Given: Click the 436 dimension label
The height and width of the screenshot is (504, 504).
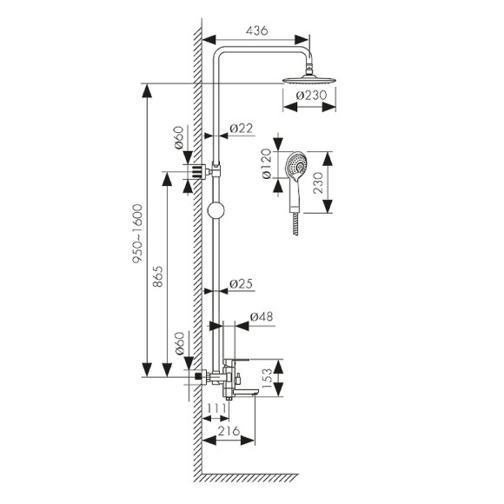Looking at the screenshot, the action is (256, 30).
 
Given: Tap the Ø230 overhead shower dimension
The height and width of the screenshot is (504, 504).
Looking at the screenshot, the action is (311, 95).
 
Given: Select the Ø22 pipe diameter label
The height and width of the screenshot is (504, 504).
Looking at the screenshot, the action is (242, 129).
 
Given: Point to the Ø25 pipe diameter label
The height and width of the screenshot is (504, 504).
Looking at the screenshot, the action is (242, 284).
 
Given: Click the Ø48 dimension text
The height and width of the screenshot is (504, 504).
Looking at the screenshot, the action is (262, 316).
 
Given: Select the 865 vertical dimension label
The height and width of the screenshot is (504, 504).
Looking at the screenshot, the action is (158, 276).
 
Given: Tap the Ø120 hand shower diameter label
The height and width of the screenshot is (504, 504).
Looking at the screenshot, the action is (267, 163).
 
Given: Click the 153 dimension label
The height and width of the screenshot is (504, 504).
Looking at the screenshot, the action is (267, 378).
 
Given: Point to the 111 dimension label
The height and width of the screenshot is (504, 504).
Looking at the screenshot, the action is (216, 408).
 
